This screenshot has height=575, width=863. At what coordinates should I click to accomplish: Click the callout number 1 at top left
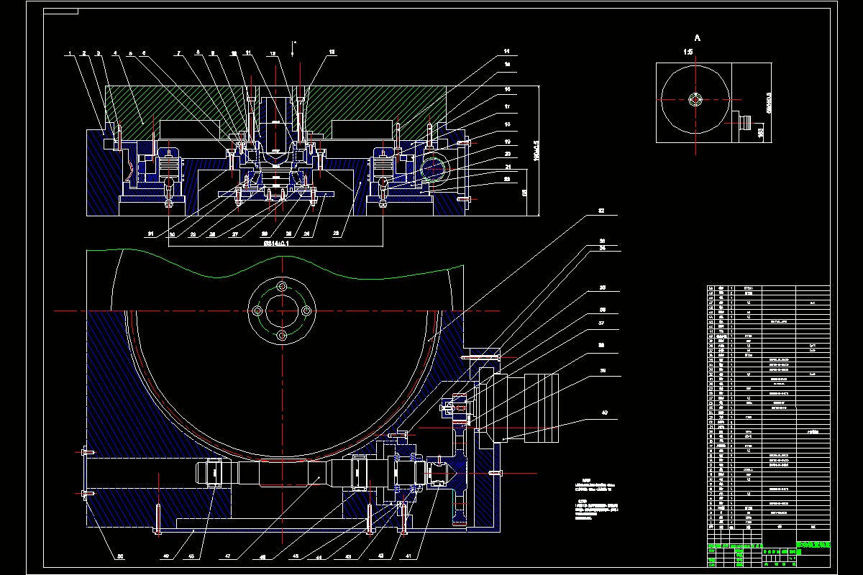(70, 53)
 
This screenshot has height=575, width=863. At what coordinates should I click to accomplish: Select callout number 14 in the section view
(506, 52)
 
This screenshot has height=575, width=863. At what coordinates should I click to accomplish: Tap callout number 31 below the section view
(151, 234)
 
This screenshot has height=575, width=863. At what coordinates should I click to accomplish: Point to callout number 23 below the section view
(337, 234)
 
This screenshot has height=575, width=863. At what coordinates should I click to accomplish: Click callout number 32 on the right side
(601, 212)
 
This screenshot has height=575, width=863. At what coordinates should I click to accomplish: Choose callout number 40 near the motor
(604, 413)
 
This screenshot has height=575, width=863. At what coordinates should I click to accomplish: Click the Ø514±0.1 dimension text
(276, 244)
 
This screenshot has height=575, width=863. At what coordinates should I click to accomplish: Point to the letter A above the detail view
(697, 37)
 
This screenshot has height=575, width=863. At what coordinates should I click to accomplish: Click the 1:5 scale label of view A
(688, 52)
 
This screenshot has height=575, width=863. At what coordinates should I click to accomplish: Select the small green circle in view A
(695, 99)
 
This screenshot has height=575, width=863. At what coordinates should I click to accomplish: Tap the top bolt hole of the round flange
(282, 286)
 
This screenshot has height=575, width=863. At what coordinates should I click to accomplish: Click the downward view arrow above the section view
(293, 47)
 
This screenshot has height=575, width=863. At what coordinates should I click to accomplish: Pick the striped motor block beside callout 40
(543, 408)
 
